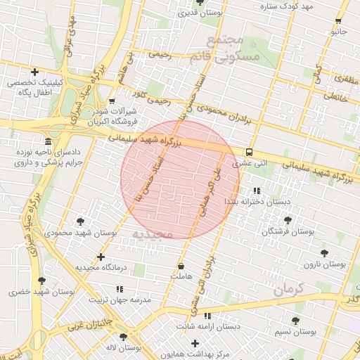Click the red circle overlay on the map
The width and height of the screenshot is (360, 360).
coord(180,179)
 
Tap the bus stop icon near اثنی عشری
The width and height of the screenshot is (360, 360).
coord(250,152)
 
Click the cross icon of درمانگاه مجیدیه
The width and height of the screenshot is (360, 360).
coord(101,257)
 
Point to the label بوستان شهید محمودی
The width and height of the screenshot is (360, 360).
coord(74,231)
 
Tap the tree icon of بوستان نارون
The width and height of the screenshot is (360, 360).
coord(324,253)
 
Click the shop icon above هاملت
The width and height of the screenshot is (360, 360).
coord(182,266)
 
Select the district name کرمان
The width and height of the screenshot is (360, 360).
coord(288,289)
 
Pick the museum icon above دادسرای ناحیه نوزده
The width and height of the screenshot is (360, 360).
coord(48,141)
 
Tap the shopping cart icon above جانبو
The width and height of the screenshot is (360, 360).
coord(340,21)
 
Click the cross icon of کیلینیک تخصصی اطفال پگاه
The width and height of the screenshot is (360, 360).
coord(34,72)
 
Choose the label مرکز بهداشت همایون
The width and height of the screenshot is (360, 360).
coord(204,355)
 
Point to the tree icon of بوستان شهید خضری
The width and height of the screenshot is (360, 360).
coord(41,281)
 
